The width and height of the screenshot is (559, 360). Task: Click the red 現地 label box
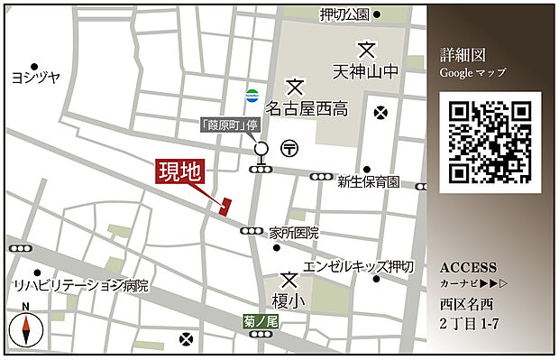point(180,171)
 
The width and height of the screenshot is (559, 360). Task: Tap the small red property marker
point(225,205)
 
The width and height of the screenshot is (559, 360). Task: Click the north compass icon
point(25,329)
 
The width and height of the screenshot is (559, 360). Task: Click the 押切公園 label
point(344,14)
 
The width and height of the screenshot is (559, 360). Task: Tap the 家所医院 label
point(294,232)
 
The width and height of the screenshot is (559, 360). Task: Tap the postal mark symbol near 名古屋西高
point(289,148)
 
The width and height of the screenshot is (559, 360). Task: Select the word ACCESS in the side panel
point(468,268)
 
